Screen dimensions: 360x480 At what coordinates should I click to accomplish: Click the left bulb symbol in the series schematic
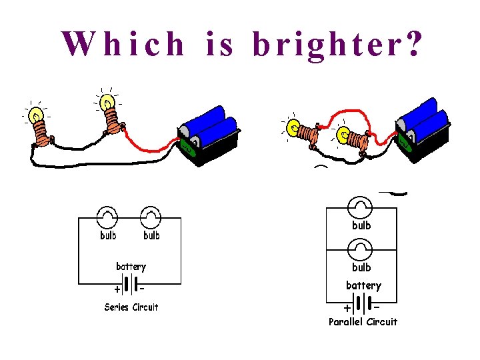click(107, 217)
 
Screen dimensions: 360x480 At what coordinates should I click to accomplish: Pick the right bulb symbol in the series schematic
click(151, 217)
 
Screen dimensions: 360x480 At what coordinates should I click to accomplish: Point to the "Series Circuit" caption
click(131, 307)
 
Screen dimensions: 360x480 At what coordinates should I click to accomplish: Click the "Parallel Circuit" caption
click(363, 322)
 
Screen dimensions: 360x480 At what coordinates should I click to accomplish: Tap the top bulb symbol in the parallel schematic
click(361, 207)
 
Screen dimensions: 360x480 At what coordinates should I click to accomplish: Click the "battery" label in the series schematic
click(131, 267)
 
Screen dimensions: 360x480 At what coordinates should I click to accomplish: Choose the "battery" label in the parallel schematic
click(363, 285)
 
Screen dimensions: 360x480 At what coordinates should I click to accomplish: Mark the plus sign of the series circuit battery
click(117, 290)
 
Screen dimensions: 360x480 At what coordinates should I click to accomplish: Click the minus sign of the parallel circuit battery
click(377, 308)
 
